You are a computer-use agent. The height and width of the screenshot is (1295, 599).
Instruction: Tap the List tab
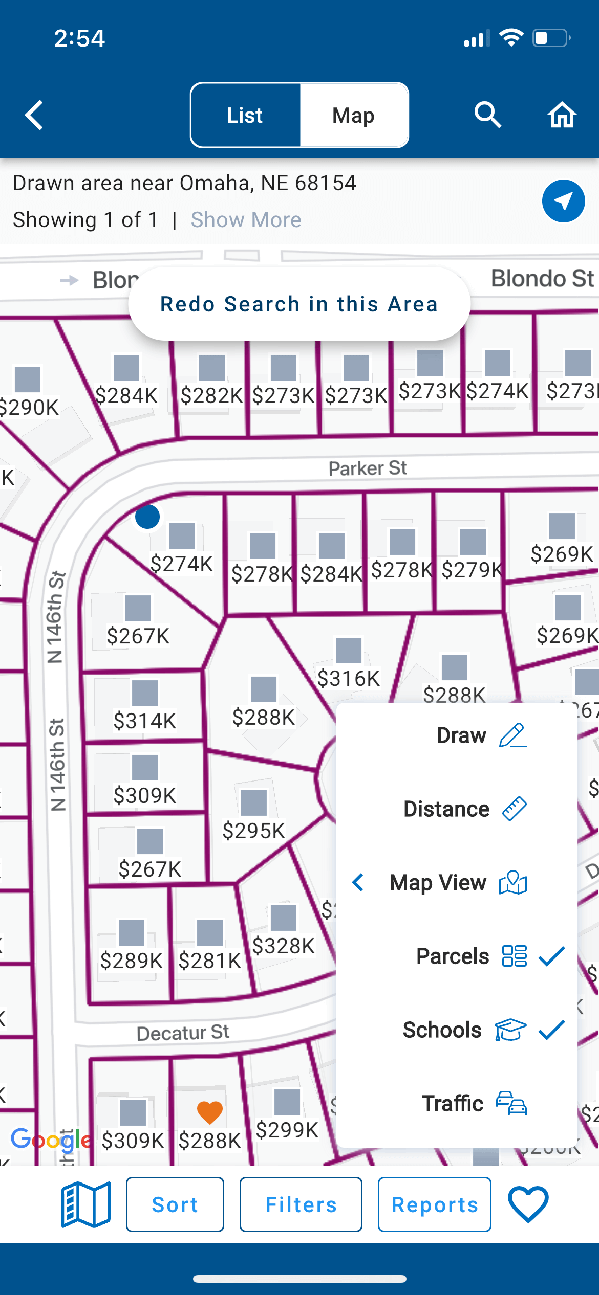pos(245,116)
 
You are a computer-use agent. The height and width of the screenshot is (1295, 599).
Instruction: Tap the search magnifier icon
pos(487,115)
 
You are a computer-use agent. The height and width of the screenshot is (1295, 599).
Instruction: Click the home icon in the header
pos(562,115)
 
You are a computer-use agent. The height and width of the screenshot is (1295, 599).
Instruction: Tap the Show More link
pos(246,220)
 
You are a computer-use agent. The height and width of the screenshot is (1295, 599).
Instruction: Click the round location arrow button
pos(563,201)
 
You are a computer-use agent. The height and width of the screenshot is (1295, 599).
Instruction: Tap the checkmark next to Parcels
pos(551,956)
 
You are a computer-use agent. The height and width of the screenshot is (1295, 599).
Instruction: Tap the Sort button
pos(175,1204)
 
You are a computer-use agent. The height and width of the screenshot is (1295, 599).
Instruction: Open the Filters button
pos(301,1204)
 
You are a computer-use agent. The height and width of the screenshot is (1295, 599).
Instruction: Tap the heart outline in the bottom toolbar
pos(528,1204)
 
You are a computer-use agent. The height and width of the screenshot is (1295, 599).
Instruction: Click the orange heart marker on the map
pos(210,1112)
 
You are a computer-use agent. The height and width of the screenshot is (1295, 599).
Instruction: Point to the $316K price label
pos(348,679)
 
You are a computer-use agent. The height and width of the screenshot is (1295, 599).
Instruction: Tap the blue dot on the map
pos(147,517)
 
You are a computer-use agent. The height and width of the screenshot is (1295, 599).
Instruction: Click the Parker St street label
pos(368,468)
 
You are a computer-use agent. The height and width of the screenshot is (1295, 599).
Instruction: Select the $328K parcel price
pos(283,946)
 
